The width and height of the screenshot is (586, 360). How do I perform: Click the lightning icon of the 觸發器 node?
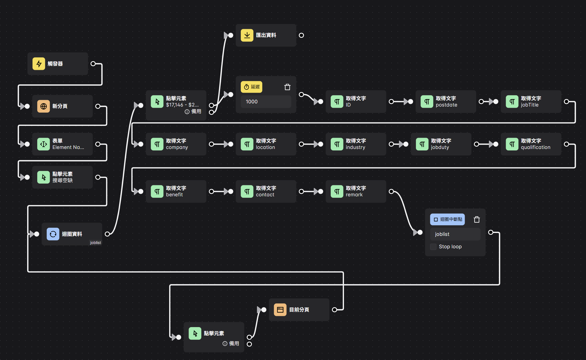[39, 64]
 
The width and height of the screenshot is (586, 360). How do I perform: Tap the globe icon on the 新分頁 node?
[44, 106]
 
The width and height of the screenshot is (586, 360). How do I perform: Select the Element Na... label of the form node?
[68, 147]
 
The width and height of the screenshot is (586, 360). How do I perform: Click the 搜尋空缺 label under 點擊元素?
[62, 180]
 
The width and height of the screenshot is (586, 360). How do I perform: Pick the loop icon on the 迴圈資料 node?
[53, 234]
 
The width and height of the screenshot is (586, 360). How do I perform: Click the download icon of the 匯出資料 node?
[247, 35]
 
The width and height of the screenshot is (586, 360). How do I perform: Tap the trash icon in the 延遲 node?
[287, 87]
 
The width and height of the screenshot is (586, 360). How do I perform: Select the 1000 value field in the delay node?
[266, 102]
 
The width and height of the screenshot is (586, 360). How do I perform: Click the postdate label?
[446, 105]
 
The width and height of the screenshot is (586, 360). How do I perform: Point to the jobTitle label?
[529, 105]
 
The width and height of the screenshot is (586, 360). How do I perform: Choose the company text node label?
[177, 147]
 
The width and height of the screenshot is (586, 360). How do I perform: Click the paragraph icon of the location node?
[247, 144]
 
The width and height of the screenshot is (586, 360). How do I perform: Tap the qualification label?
[535, 147]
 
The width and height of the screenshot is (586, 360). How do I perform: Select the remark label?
[354, 195]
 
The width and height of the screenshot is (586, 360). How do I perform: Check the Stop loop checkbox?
[433, 247]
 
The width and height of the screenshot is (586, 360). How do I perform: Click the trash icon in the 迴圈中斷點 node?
[477, 219]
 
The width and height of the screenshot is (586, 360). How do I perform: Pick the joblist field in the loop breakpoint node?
[455, 234]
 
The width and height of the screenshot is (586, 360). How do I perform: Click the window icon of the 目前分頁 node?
[280, 310]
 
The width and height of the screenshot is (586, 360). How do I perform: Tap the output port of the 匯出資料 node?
[301, 35]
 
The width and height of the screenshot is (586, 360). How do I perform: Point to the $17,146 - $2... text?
[182, 105]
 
